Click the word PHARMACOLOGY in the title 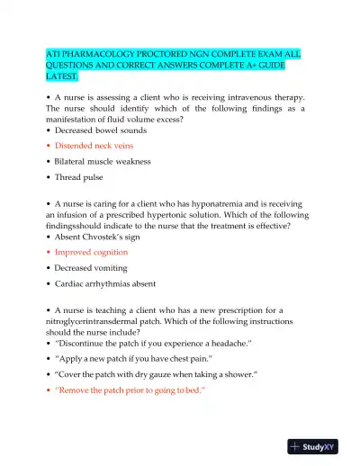tap(97, 54)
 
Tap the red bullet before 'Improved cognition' tap(48, 253)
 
